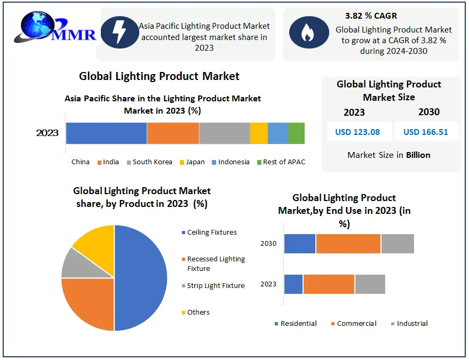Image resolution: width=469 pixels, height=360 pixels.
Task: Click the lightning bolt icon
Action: [x=120, y=32]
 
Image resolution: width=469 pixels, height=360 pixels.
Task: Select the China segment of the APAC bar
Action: [x=107, y=133]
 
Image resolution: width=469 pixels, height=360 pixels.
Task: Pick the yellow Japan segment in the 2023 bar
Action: [x=259, y=133]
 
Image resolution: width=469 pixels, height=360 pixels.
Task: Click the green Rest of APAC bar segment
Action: [x=297, y=133]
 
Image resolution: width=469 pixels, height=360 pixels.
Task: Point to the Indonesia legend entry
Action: [x=230, y=162]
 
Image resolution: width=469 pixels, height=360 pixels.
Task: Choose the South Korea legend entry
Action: [x=149, y=162]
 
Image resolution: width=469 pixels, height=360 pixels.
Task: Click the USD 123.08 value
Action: [x=357, y=132]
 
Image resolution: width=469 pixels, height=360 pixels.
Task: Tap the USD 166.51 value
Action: [x=426, y=132]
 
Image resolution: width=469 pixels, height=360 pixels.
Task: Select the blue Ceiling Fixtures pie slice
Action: [x=140, y=278]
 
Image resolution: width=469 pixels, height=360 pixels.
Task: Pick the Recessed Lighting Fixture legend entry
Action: [x=213, y=263]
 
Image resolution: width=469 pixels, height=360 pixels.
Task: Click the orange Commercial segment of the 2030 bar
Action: [x=348, y=244]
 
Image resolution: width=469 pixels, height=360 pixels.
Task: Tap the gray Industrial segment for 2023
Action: [x=370, y=284]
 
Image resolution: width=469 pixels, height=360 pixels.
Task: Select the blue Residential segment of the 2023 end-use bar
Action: [x=293, y=284]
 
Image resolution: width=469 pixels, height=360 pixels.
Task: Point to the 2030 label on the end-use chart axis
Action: [x=268, y=244]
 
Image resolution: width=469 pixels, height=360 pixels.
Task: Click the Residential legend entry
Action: [x=296, y=324]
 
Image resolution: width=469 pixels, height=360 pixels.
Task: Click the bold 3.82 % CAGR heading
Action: [x=371, y=15]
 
